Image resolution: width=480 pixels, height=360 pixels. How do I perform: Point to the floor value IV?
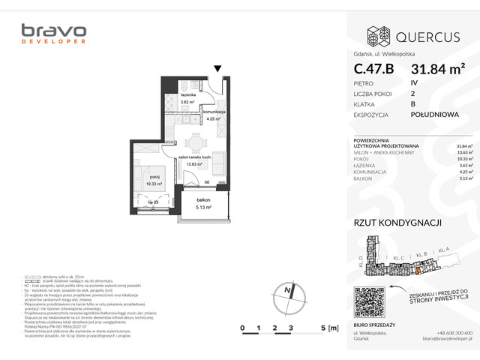414,84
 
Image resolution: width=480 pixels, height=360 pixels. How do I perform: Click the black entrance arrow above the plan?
217,69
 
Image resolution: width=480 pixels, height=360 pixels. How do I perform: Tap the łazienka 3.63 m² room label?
187,98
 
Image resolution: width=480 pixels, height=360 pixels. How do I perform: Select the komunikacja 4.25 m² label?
214,114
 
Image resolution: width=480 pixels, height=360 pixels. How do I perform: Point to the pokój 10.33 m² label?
154,180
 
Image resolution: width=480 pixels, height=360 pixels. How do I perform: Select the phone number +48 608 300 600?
454,333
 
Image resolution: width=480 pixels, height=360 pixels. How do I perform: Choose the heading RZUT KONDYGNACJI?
397,222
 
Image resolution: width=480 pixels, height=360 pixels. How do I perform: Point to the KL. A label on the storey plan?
444,248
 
